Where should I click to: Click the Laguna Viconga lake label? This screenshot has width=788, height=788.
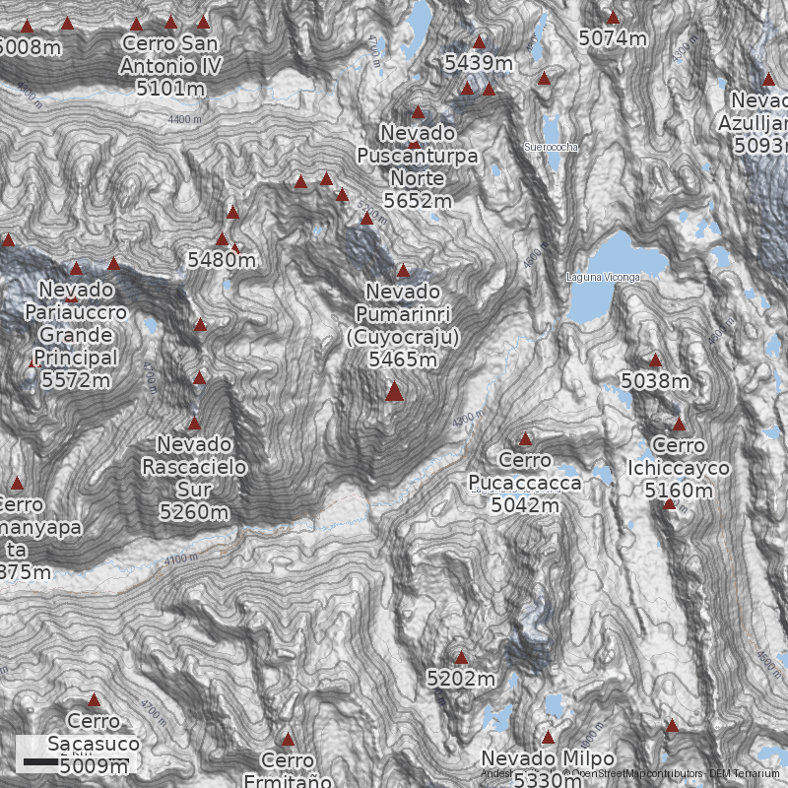603,278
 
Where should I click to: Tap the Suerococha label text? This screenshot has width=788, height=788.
552,148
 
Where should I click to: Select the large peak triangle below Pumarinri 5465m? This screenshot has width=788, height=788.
394,392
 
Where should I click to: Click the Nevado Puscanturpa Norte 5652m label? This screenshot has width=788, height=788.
418,166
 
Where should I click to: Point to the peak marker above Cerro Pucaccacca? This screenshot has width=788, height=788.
525,438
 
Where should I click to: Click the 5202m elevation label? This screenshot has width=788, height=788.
461,679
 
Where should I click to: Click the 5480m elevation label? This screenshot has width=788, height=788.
222,260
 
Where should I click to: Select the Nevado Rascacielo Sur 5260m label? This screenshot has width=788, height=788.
194,478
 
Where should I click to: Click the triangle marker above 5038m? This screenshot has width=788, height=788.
655,360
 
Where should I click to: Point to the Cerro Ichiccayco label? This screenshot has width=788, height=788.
679,458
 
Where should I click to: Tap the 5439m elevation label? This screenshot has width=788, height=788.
479,63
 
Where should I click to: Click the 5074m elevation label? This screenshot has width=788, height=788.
613,38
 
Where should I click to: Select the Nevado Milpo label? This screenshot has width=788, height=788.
548,759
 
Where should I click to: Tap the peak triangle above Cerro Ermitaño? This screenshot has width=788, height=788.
289,739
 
